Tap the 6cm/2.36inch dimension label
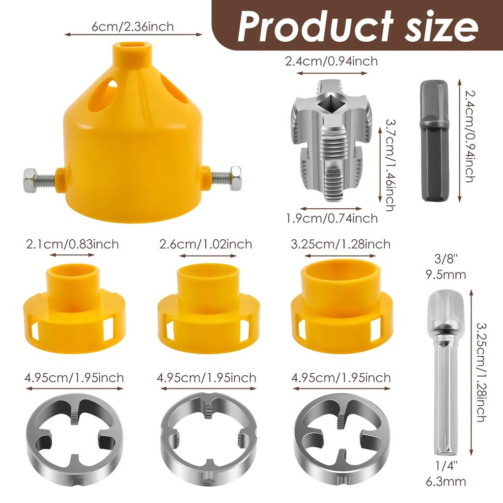pyautogui.click(x=133, y=26)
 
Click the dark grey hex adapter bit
pyautogui.click(x=435, y=140)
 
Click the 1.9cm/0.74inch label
pyautogui.click(x=332, y=218)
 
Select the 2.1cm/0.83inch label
pyautogui.click(x=73, y=244)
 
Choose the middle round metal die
pyautogui.click(x=208, y=432)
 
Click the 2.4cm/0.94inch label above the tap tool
pyautogui.click(x=332, y=61)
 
